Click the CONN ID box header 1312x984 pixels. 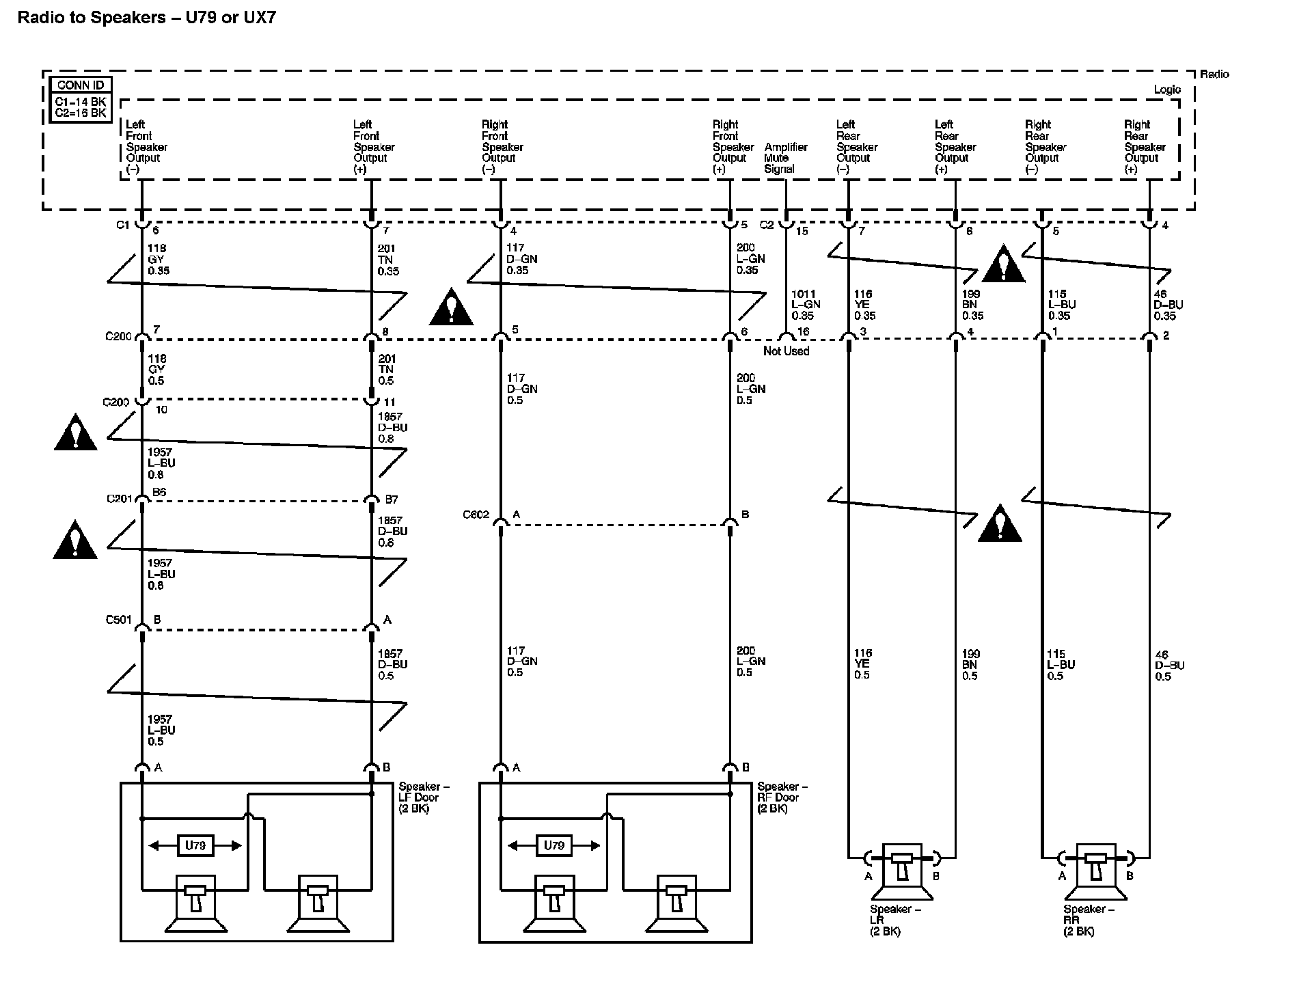coord(81,85)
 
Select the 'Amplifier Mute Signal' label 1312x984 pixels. coord(785,158)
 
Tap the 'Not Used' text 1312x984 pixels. coord(786,351)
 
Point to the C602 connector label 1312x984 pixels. coord(476,515)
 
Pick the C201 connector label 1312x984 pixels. coord(119,499)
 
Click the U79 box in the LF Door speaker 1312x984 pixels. coord(195,845)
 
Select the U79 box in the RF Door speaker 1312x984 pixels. coord(553,845)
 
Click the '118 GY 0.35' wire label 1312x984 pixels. coord(159,260)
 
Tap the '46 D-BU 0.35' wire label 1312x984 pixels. coord(1168,305)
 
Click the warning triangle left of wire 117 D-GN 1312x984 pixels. coord(451,307)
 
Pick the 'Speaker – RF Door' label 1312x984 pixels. coord(782,797)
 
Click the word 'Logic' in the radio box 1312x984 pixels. coord(1167,90)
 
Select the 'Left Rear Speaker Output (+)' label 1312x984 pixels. coord(955,147)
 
